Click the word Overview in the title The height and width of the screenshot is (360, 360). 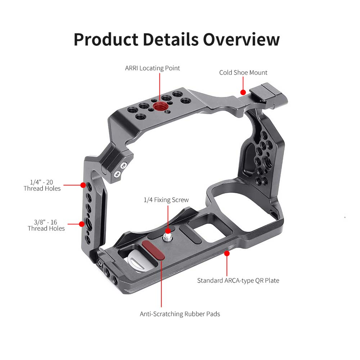241,39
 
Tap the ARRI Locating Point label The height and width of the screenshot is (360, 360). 152,68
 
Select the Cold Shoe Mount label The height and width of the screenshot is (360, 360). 243,73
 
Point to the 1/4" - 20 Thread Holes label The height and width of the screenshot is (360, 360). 42,185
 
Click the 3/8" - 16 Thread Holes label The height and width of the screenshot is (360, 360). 46,225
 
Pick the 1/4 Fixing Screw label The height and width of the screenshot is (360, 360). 166,200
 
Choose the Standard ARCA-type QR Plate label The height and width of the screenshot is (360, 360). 238,280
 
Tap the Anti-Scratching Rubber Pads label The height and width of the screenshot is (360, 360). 180,314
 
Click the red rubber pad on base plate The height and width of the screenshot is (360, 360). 153,250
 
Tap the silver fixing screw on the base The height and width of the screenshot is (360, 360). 168,238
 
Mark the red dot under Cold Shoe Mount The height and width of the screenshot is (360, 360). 243,92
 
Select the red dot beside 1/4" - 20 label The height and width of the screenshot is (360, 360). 83,185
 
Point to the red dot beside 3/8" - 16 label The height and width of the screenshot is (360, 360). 83,224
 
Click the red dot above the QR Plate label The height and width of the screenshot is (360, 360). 227,253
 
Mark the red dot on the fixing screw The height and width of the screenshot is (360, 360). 168,231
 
